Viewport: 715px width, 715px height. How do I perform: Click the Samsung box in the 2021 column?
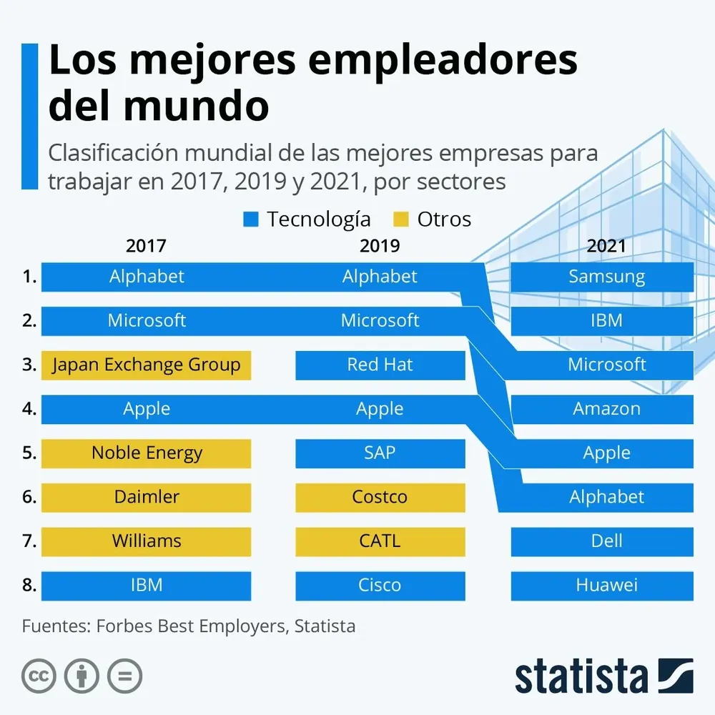pos(606,277)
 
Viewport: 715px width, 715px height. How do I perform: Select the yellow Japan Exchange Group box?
pos(146,365)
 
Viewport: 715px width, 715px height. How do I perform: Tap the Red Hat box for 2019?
pos(380,365)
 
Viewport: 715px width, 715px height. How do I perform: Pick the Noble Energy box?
pos(146,453)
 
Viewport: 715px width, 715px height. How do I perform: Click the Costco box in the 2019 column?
pos(380,497)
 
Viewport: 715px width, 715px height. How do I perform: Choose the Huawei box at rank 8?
pos(606,586)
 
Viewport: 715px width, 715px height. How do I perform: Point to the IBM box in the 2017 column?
pos(146,586)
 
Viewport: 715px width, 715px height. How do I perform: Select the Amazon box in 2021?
pos(606,409)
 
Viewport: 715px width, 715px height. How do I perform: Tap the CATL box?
pos(380,541)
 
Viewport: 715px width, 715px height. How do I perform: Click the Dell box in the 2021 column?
pos(606,541)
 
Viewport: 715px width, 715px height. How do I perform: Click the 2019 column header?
pos(380,246)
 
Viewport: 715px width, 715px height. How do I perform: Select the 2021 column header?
pos(606,246)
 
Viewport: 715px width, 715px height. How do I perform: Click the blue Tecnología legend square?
pos(250,220)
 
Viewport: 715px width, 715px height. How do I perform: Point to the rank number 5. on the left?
pos(29,453)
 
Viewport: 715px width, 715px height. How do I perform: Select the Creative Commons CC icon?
pos(39,675)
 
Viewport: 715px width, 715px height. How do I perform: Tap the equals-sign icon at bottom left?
pos(124,675)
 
